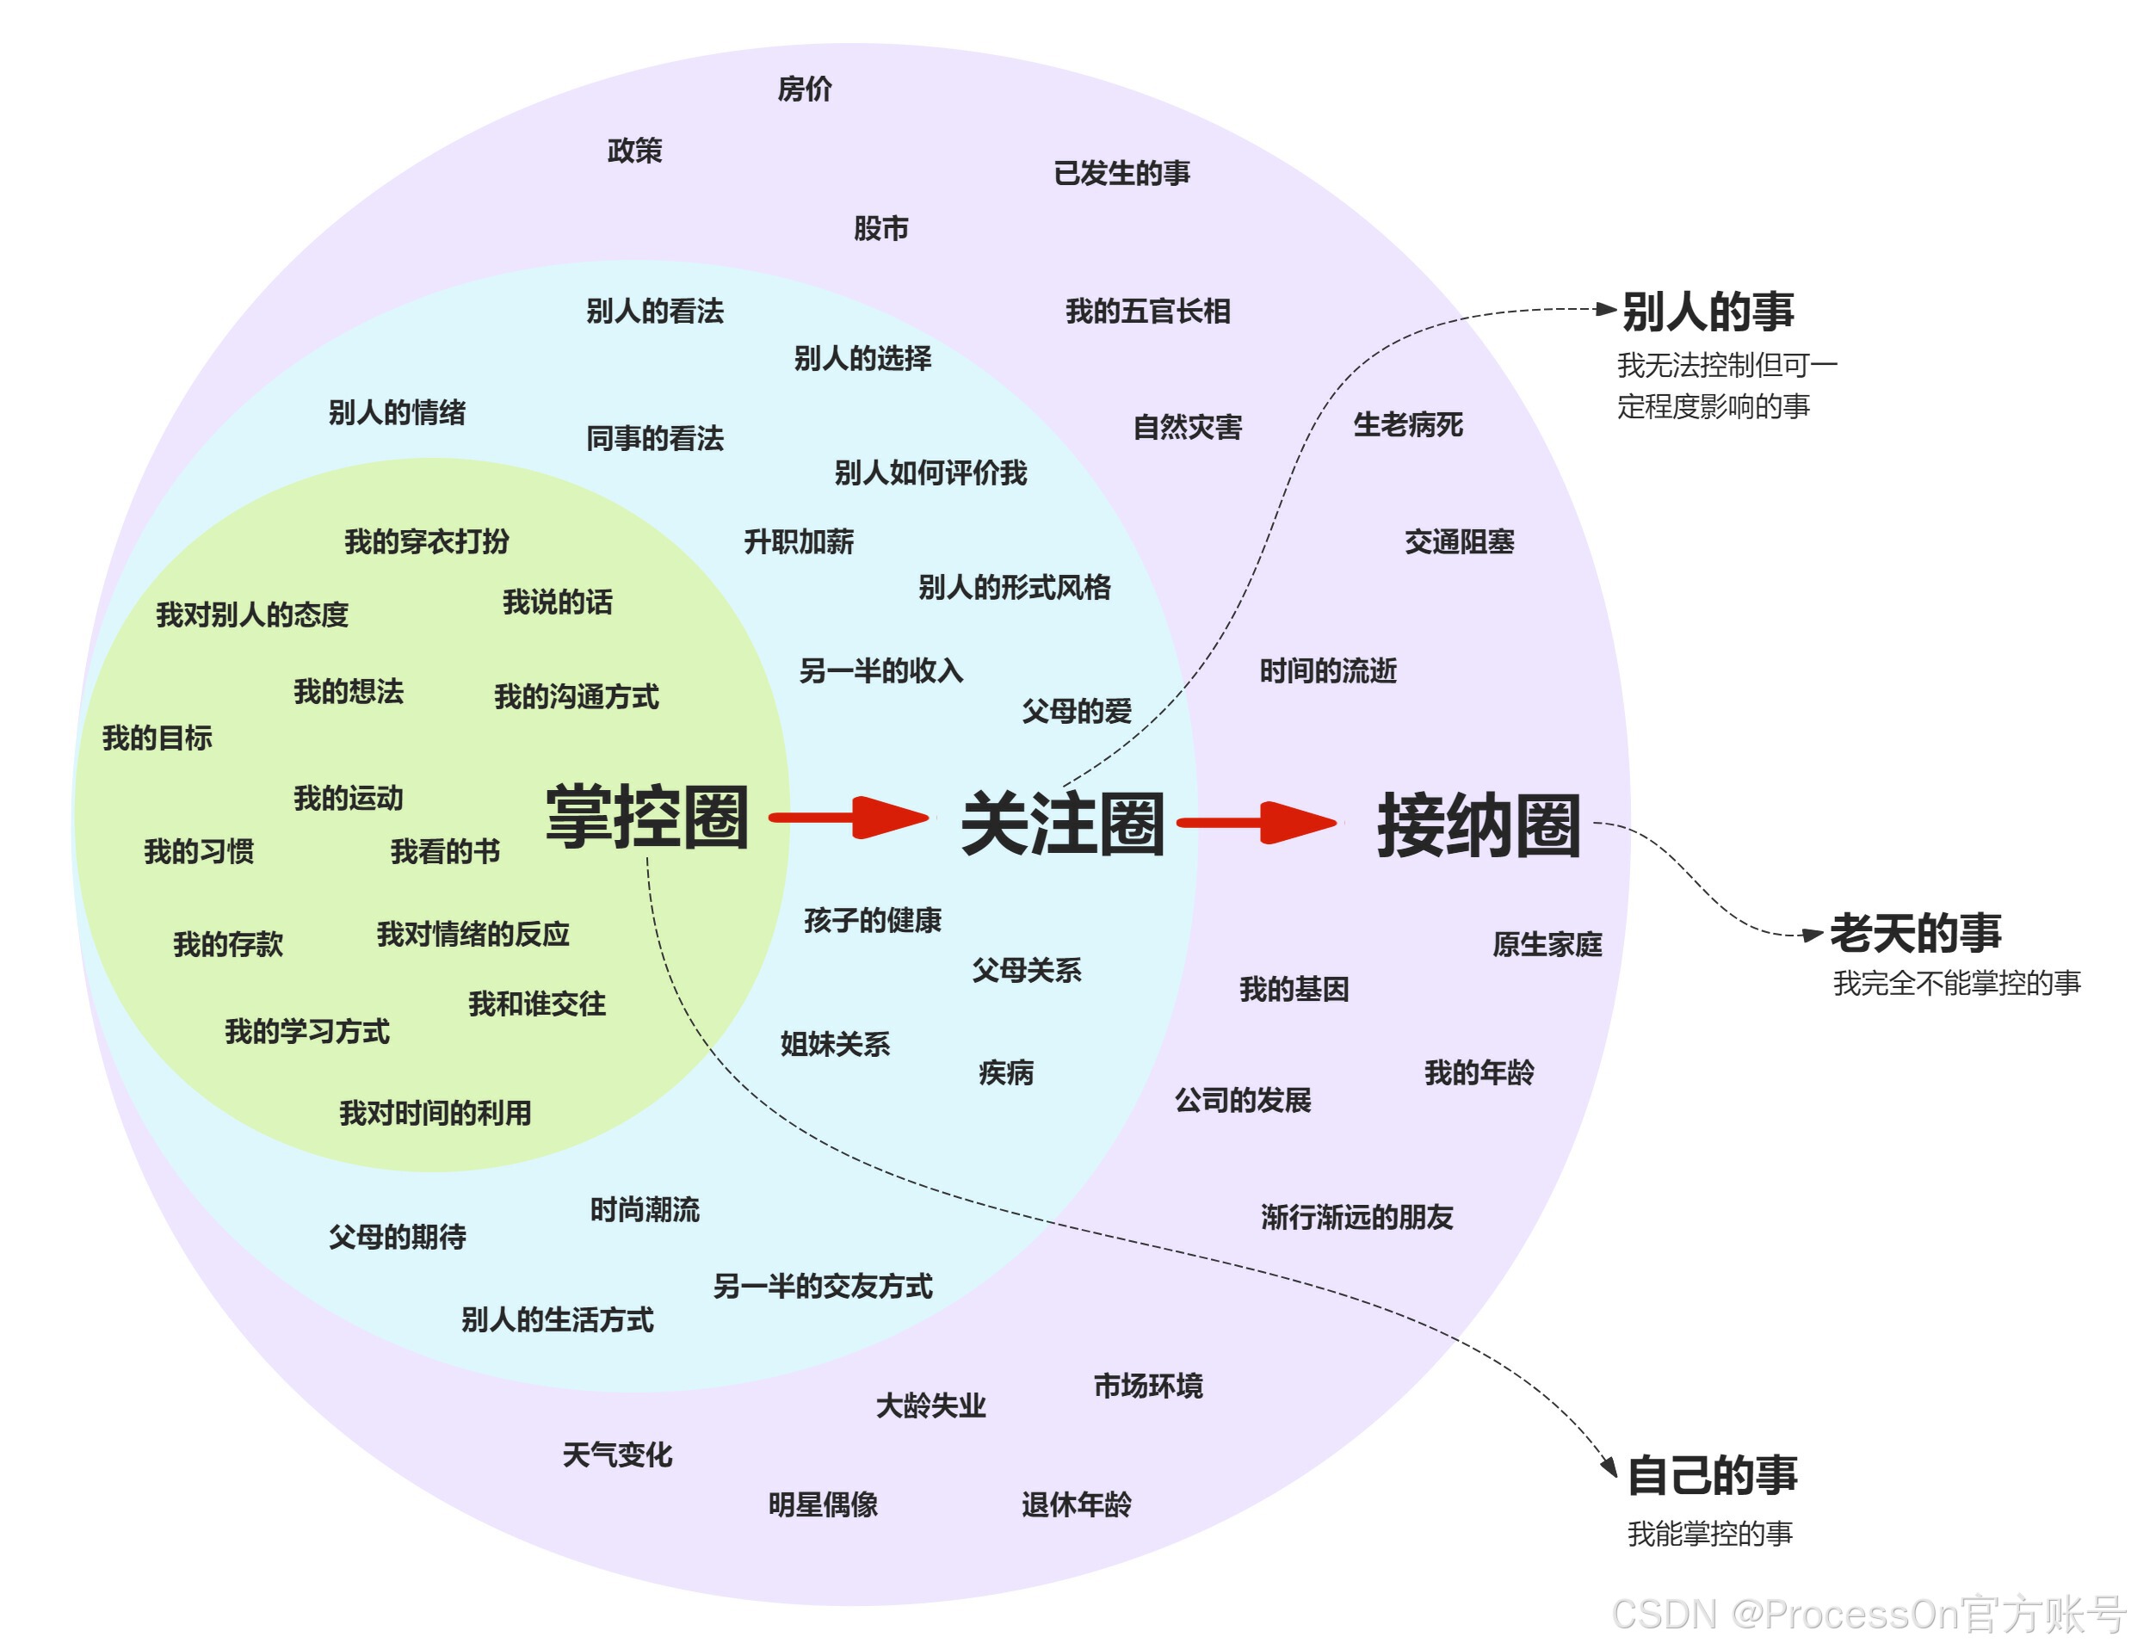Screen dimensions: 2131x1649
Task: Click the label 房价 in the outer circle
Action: click(804, 89)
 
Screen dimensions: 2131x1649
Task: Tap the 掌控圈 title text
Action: click(647, 817)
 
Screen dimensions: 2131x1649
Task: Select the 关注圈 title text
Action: click(1063, 824)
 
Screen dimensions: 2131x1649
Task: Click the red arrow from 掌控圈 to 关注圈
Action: click(849, 818)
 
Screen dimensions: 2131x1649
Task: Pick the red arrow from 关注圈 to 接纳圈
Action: click(1257, 823)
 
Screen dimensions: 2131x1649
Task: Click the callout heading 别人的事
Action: click(1708, 312)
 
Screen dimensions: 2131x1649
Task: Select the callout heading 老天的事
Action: click(1915, 932)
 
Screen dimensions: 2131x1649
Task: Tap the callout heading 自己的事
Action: click(1713, 1474)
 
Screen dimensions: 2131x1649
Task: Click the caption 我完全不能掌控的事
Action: click(1956, 983)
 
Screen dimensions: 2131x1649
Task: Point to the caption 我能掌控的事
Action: click(1709, 1534)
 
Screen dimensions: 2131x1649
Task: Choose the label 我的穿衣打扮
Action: click(426, 541)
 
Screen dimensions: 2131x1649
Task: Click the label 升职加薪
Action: click(798, 541)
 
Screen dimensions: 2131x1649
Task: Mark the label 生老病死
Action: click(1407, 424)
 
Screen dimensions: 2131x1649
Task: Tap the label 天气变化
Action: click(616, 1454)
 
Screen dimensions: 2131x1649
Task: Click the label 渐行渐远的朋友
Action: click(1356, 1217)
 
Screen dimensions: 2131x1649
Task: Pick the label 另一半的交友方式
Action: click(823, 1286)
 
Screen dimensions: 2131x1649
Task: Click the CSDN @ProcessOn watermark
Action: click(1868, 1615)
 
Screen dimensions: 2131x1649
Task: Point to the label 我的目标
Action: click(158, 738)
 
